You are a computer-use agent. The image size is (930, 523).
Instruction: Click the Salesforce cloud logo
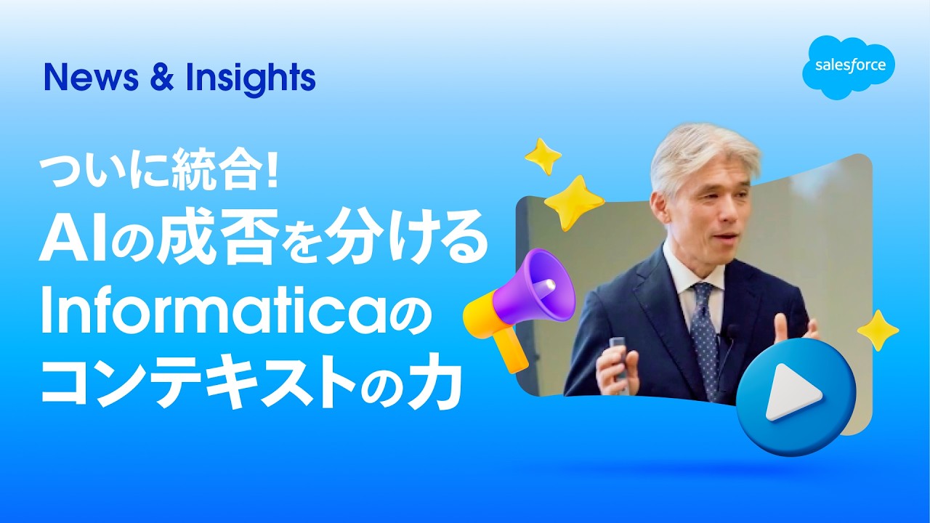(x=849, y=66)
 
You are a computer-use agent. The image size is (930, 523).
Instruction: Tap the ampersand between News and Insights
(x=158, y=78)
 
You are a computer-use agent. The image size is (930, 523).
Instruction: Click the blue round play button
(x=796, y=396)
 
